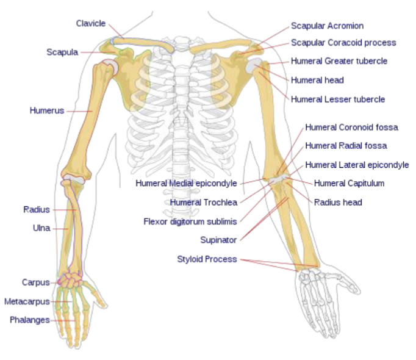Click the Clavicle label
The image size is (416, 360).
tap(91, 23)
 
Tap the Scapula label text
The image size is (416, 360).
tap(62, 52)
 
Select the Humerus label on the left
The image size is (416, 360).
tap(47, 110)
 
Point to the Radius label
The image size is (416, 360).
tap(37, 209)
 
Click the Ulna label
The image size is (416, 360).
tap(41, 228)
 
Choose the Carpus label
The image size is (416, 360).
tap(36, 283)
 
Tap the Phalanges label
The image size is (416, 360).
tap(30, 320)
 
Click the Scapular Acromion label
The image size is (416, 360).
tap(327, 26)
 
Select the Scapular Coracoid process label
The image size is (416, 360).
tap(343, 43)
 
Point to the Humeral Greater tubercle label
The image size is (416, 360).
tap(339, 61)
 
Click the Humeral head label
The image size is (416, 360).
tap(317, 80)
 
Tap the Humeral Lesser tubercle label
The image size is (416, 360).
tap(338, 99)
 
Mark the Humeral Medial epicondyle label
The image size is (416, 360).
tap(186, 182)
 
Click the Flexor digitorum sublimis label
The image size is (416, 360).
tap(190, 221)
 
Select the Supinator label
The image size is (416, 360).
tap(218, 240)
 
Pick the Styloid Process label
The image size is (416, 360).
tap(207, 259)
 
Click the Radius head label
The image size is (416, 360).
tap(338, 202)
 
